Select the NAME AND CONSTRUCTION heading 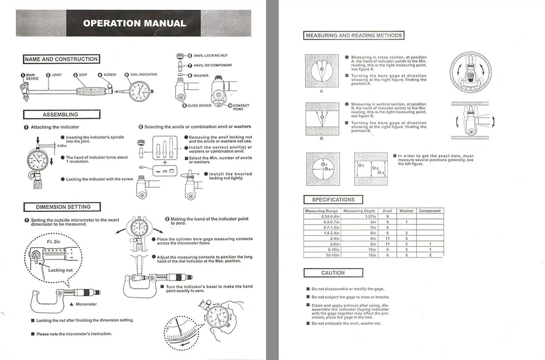tap(61, 59)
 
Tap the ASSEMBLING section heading tap(60, 114)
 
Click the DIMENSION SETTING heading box tap(63, 207)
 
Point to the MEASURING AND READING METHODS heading tap(354, 35)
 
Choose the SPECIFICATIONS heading tap(333, 200)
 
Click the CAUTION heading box tap(333, 273)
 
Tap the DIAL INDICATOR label tap(144, 74)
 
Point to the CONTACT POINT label tap(241, 107)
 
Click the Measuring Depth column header tap(360, 211)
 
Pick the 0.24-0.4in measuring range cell tap(322, 217)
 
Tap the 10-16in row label tap(322, 255)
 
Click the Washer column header tap(406, 211)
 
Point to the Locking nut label tap(60, 270)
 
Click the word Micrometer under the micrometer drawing tap(86, 304)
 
